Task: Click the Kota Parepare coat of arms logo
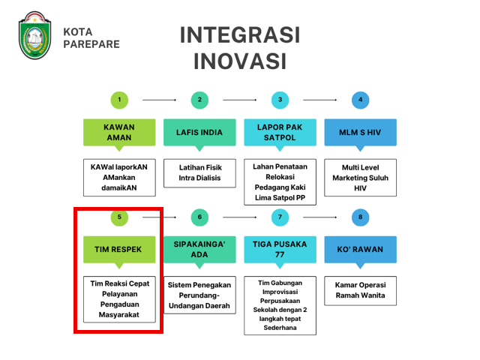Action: [x=35, y=35]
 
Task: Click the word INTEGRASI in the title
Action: [x=240, y=35]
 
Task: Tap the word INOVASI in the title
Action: [x=240, y=61]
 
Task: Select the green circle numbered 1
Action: [x=119, y=100]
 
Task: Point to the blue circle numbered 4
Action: [x=360, y=100]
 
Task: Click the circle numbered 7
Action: [x=280, y=217]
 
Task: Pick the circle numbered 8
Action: [x=360, y=217]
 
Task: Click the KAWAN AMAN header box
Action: [x=119, y=133]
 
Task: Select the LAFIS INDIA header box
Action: [x=199, y=133]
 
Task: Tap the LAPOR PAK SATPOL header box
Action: [x=280, y=133]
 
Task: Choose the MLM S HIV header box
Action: [x=360, y=133]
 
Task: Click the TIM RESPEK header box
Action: [x=119, y=250]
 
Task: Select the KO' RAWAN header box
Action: [x=360, y=250]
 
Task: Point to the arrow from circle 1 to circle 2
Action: [x=160, y=100]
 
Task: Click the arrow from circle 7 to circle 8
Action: [x=320, y=217]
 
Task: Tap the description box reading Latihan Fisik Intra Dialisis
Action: [x=199, y=173]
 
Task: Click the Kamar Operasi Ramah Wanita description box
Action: [x=360, y=291]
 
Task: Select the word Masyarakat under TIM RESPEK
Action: [x=119, y=315]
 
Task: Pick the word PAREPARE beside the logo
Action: [x=91, y=44]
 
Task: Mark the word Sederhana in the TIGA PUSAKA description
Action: [x=280, y=328]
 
